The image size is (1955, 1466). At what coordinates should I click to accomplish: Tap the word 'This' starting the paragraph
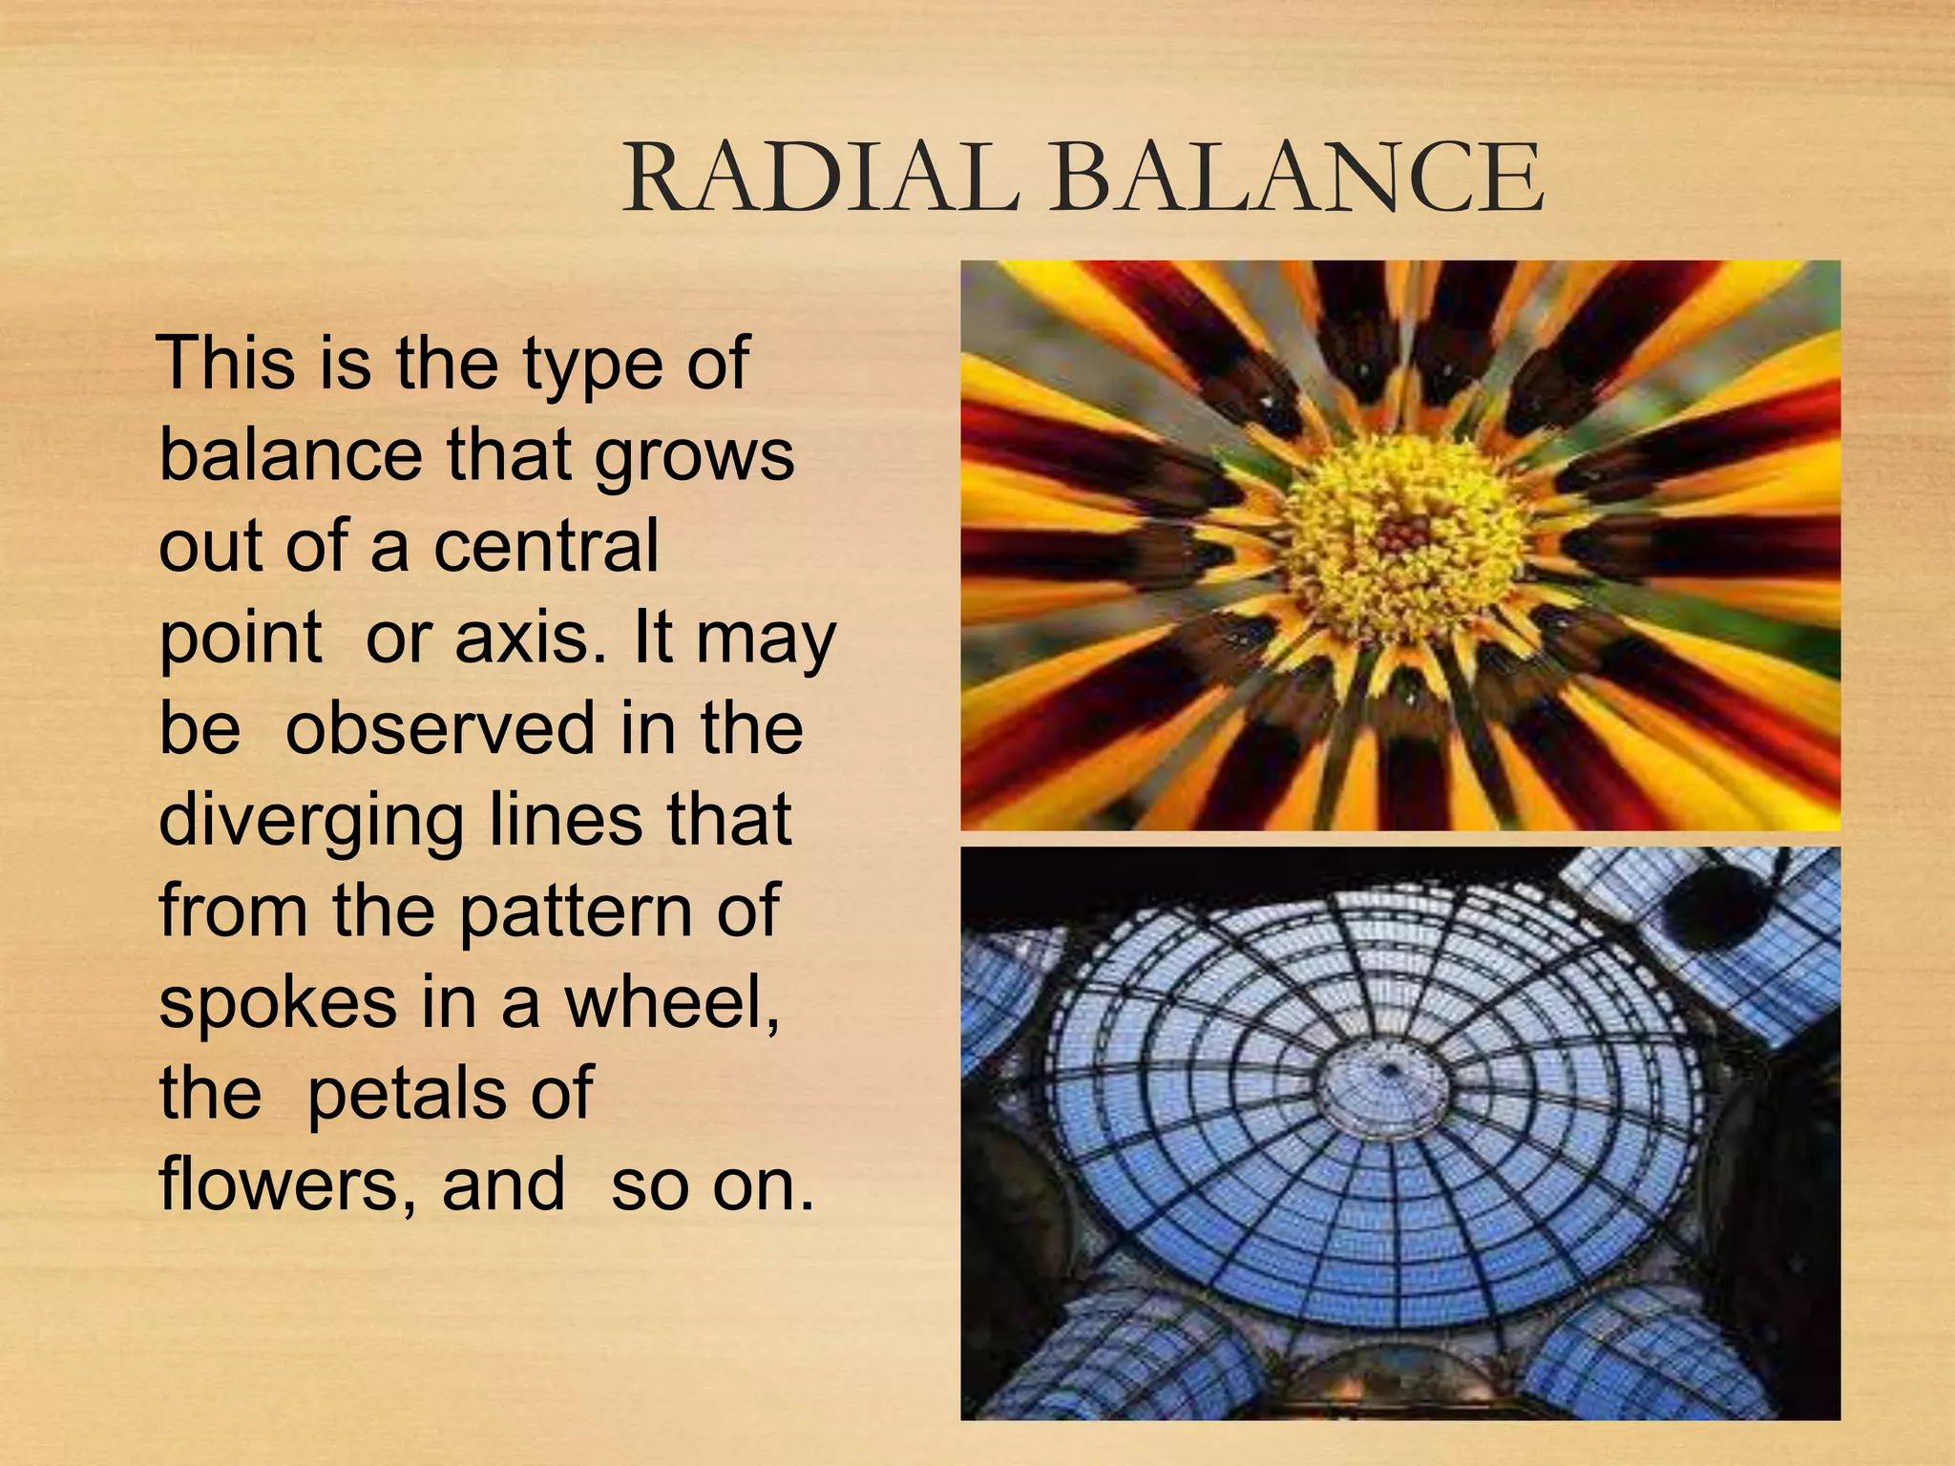226,363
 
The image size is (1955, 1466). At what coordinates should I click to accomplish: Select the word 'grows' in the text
694,456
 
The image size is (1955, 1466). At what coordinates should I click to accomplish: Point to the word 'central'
546,546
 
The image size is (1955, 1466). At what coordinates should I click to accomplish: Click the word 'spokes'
278,1004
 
